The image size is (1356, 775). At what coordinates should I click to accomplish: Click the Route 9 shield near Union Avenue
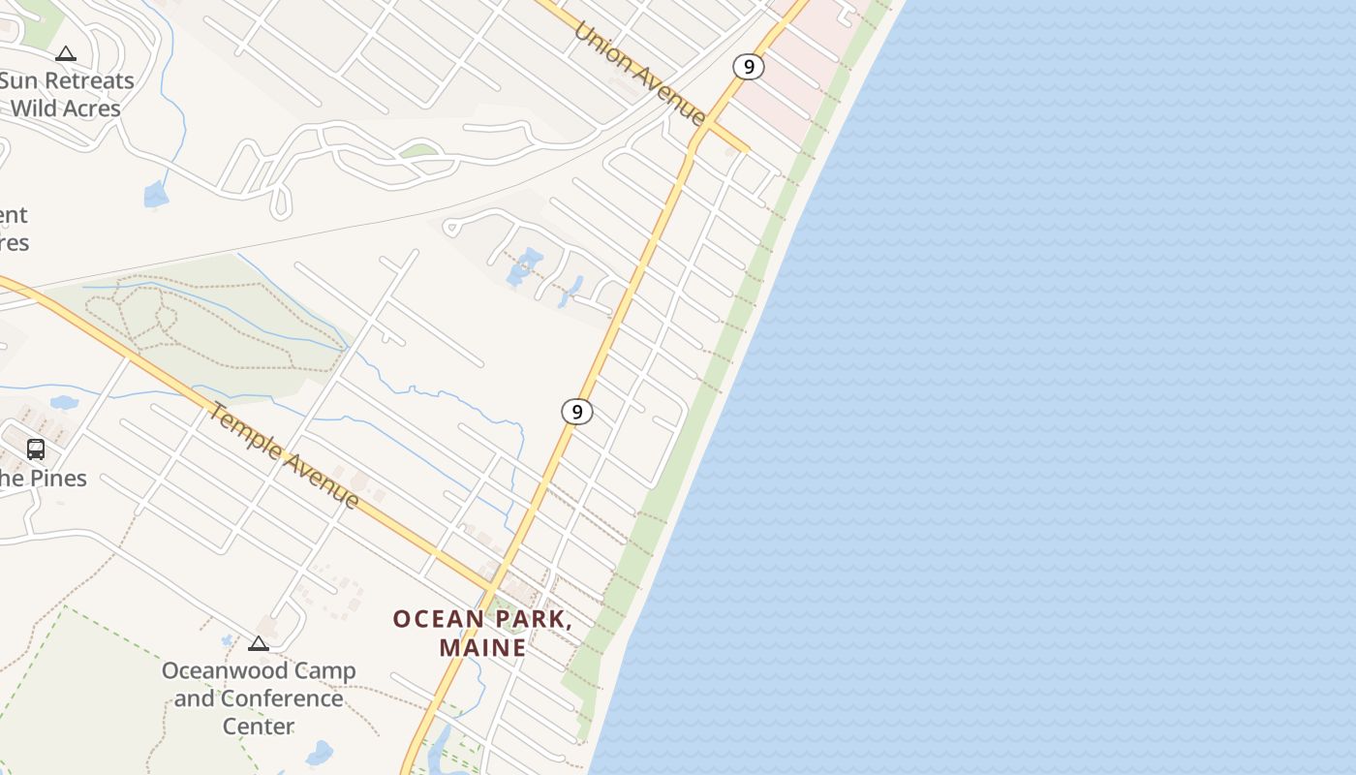click(x=748, y=67)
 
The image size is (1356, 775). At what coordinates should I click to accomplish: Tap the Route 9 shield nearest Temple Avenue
click(x=577, y=412)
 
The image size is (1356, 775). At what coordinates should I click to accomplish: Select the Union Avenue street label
click(x=639, y=73)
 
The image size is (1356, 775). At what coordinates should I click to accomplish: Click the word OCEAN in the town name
click(x=438, y=619)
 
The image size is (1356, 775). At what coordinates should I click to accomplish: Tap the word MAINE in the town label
click(x=482, y=647)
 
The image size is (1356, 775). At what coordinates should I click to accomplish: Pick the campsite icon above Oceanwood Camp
click(x=258, y=643)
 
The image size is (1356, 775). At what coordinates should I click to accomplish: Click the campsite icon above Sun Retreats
click(x=66, y=54)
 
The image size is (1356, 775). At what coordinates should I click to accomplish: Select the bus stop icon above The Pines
click(x=36, y=449)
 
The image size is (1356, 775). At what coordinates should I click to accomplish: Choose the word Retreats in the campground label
click(x=89, y=80)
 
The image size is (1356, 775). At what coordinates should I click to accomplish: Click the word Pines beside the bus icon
click(x=58, y=479)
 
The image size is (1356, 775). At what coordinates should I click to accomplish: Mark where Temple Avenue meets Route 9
click(x=492, y=589)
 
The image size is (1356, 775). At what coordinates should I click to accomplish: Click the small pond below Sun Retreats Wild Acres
click(x=155, y=196)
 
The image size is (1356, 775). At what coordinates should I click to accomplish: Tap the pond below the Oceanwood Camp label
click(x=319, y=753)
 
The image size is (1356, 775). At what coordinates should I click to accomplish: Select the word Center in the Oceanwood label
click(x=259, y=726)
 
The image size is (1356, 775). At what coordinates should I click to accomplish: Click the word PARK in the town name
click(x=532, y=619)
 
